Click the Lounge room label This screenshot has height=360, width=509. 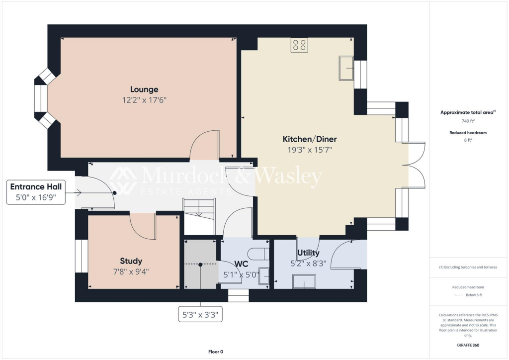144,90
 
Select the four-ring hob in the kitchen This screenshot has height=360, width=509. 299,45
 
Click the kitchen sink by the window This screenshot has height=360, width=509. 346,68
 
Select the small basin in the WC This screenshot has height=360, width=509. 264,276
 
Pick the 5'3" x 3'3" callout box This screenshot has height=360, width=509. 200,314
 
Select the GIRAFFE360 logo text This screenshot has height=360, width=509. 468,345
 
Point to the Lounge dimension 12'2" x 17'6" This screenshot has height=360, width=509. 144,100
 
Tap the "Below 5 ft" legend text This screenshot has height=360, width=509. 473,295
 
